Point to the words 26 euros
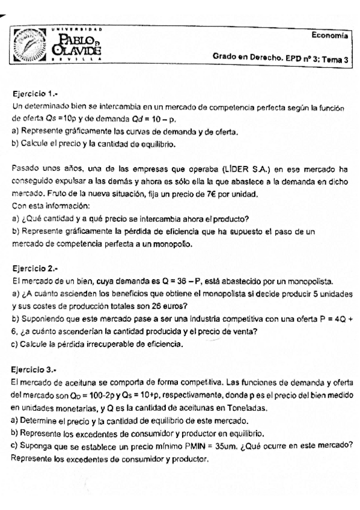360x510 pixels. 162,305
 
